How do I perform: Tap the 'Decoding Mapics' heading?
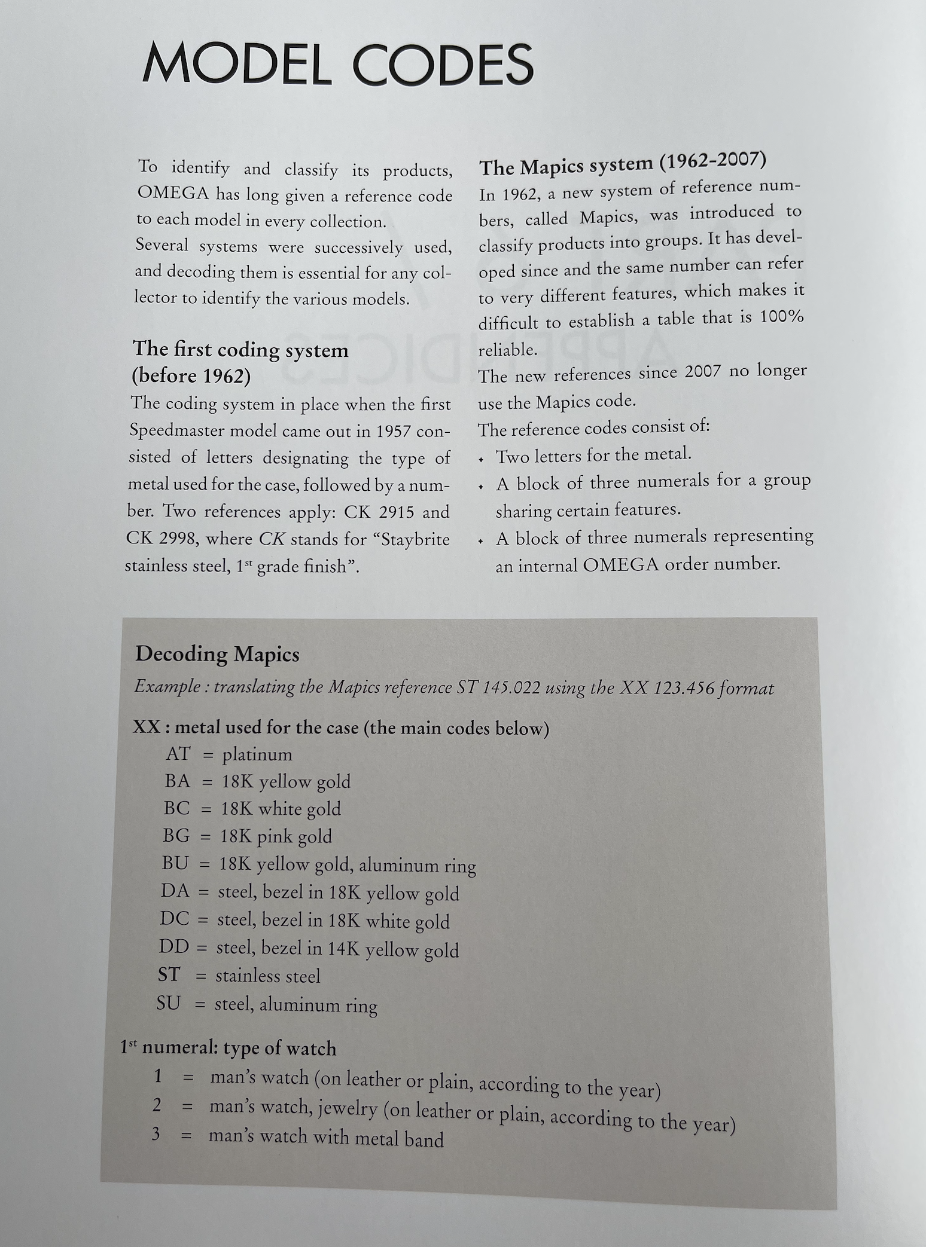217,654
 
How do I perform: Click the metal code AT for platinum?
178,754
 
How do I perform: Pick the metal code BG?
176,836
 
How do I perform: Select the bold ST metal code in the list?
168,975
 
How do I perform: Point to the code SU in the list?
168,1003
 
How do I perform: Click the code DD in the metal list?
174,947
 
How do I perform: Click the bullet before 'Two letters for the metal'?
482,460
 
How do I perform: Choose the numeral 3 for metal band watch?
156,1133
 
